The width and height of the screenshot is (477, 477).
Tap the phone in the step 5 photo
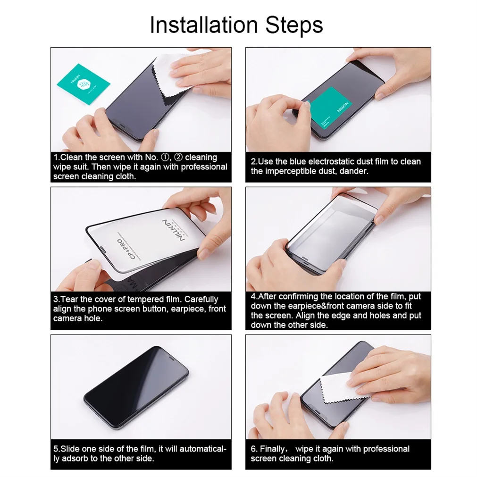136,387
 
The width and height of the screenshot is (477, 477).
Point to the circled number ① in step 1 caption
165,157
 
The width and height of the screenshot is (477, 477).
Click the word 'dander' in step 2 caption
354,171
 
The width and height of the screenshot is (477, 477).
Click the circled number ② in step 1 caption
178,157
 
